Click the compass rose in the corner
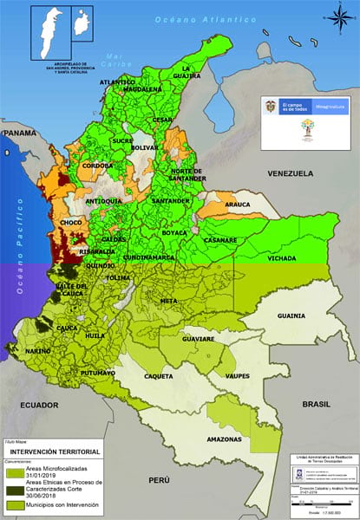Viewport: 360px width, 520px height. (337, 15)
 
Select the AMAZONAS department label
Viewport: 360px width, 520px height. (224, 440)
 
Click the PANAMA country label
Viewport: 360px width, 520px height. (20, 133)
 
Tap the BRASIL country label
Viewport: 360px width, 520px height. (322, 405)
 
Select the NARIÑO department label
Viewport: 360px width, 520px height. (36, 350)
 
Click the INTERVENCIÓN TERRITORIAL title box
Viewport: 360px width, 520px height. (55, 452)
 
